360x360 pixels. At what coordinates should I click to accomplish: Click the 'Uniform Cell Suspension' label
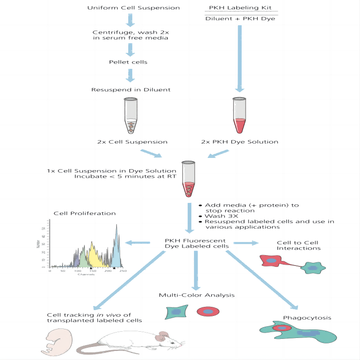127,8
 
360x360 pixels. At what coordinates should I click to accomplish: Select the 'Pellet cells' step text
128,62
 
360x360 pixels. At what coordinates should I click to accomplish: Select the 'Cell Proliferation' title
85,213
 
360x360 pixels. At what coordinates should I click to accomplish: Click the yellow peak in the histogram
94,256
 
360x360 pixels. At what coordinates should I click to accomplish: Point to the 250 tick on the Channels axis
123,271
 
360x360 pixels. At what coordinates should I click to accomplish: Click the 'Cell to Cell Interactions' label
299,245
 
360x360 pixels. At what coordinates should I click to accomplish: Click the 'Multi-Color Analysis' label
197,295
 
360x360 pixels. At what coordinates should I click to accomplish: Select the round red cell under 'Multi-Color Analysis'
207,311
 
